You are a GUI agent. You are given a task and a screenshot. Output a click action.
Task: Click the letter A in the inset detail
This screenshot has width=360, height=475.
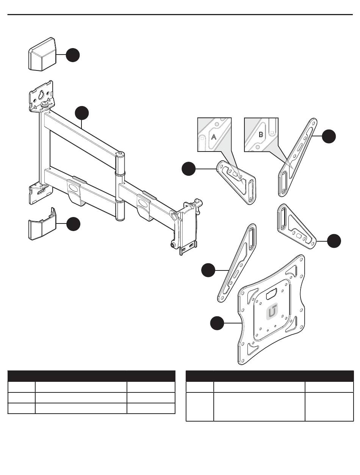213,137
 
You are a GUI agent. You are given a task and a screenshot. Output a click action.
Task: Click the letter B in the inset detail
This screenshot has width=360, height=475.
261,134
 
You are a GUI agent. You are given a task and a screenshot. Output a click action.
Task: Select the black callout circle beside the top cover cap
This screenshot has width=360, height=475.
73,55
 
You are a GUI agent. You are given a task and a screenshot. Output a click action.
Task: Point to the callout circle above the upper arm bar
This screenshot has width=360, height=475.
82,113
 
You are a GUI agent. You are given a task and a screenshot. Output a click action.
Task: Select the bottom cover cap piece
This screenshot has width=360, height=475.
42,226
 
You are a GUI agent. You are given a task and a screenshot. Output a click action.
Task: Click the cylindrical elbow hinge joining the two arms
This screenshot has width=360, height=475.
120,185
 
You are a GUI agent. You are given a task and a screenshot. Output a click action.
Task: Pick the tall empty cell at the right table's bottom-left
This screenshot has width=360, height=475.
200,406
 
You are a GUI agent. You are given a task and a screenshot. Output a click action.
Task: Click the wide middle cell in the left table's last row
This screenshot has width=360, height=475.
81,408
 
